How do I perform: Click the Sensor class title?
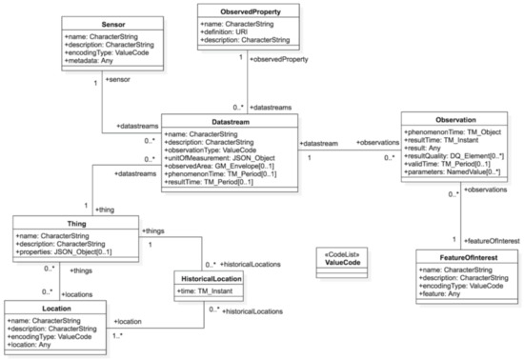point(113,25)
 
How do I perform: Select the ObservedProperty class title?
point(251,11)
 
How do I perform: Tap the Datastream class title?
point(231,122)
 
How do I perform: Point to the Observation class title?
point(455,120)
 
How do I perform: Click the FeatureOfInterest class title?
point(469,257)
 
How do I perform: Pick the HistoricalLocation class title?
point(212,278)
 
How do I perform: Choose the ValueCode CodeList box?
point(342,263)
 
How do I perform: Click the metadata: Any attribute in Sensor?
point(89,60)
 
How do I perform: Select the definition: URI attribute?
point(224,31)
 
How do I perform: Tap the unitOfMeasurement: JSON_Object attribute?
point(219,158)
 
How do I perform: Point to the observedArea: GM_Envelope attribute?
point(219,166)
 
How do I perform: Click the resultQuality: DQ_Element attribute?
point(453,156)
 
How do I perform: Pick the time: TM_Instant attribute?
point(205,290)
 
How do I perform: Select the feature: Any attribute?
point(439,293)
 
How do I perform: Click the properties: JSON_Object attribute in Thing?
point(64,251)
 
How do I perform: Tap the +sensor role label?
point(117,79)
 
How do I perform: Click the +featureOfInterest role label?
point(492,241)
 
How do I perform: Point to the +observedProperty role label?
point(279,59)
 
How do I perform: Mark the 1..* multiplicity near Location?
point(117,335)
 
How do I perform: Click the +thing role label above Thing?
point(105,210)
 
